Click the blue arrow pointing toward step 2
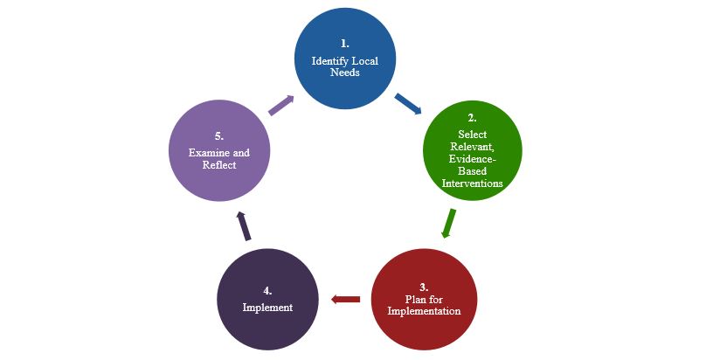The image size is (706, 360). click(x=408, y=104)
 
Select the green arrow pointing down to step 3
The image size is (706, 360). click(x=449, y=222)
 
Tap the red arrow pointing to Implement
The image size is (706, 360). click(x=345, y=300)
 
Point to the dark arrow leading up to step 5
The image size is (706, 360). click(x=244, y=225)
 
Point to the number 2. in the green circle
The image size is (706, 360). click(x=472, y=117)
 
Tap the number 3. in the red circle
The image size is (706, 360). click(x=424, y=287)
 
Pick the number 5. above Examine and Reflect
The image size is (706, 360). click(x=219, y=135)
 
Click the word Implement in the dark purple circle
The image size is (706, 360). click(x=267, y=308)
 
